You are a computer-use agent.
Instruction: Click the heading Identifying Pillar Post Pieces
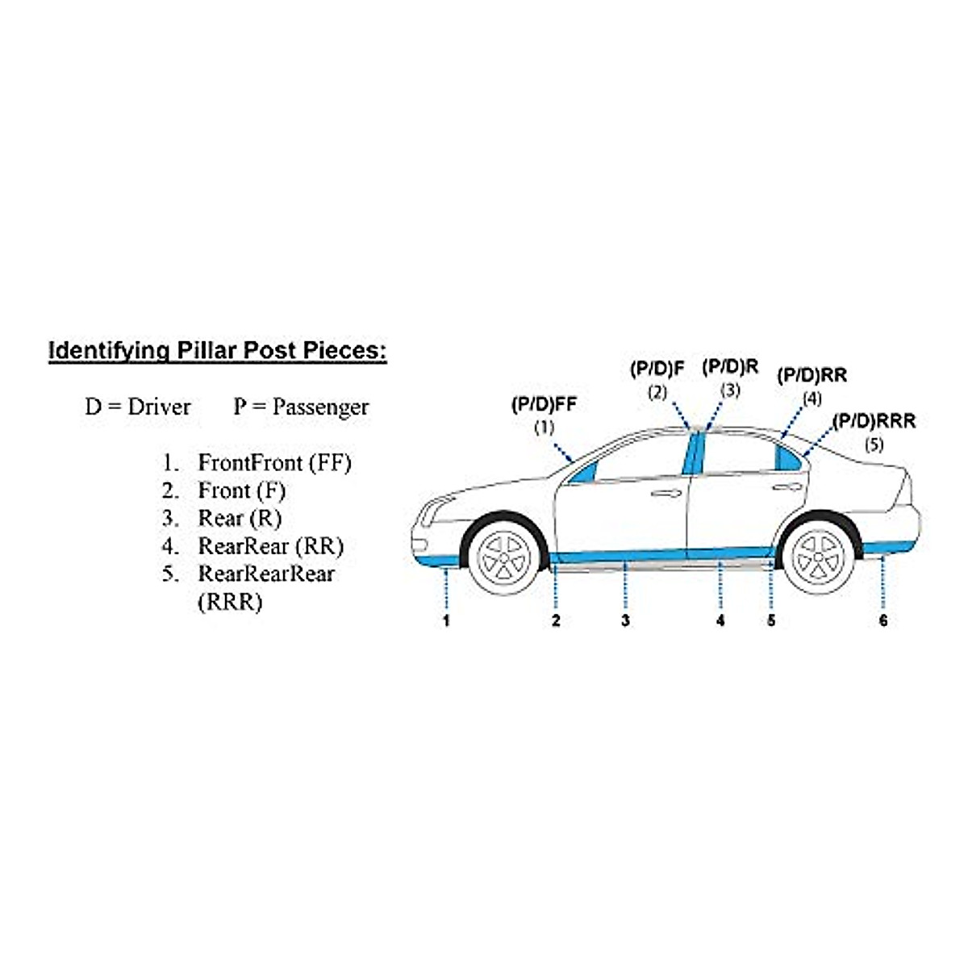(218, 352)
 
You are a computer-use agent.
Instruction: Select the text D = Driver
(138, 407)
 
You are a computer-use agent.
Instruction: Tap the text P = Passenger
(301, 407)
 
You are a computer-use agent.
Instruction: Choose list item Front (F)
(241, 490)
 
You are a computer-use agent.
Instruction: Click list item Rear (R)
(240, 518)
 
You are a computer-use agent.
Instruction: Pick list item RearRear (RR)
(270, 546)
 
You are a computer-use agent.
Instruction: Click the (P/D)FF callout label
(544, 404)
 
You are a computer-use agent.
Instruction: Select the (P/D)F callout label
(657, 369)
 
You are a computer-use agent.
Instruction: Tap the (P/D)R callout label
(730, 367)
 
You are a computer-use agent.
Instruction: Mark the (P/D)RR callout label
(812, 375)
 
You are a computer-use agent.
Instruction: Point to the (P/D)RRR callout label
(874, 421)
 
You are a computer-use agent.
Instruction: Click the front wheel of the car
(505, 557)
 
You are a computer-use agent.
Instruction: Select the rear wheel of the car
(818, 557)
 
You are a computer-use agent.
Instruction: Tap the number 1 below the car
(446, 620)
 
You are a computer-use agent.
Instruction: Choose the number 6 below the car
(883, 620)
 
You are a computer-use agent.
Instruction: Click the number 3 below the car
(625, 620)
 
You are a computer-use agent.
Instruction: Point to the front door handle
(666, 493)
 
